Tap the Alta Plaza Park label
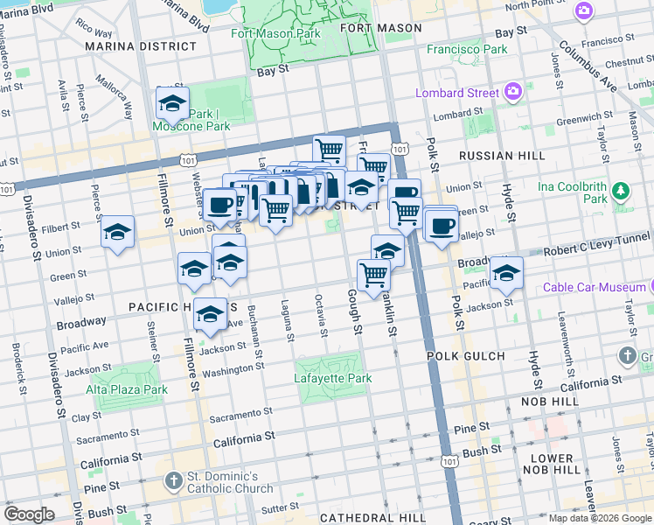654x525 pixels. pos(126,389)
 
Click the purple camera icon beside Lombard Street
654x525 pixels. pos(513,92)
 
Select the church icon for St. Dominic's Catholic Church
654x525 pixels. pos(172,480)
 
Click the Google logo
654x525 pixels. pos(30,514)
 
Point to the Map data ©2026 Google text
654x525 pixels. pos(599,518)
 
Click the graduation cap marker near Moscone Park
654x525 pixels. pos(172,102)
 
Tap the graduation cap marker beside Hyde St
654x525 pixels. pos(506,273)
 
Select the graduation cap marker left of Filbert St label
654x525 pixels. pos(117,232)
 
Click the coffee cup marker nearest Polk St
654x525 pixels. pos(442,225)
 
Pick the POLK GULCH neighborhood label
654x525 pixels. pos(466,356)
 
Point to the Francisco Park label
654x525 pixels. pos(466,49)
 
